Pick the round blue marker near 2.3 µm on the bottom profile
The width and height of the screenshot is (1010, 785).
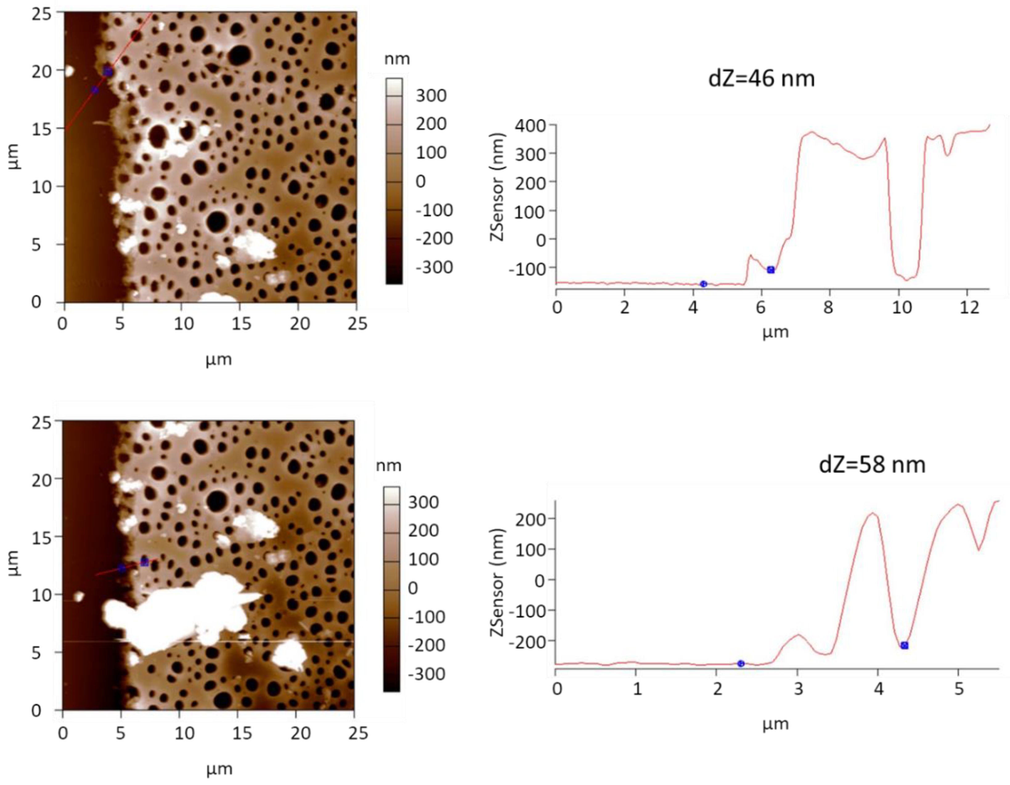(741, 663)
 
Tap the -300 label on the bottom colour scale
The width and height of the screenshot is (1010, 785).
(426, 674)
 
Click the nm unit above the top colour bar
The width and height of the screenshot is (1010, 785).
(397, 59)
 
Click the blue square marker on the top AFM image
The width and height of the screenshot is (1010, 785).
(108, 71)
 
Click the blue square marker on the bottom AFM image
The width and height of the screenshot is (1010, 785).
(144, 562)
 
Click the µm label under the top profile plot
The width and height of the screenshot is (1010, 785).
(776, 332)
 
